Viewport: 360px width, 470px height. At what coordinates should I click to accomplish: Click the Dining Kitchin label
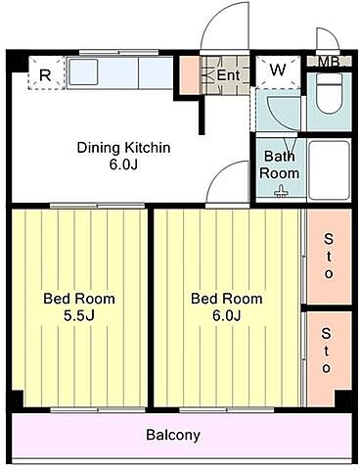123,148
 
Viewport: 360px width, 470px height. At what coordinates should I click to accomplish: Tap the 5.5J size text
79,315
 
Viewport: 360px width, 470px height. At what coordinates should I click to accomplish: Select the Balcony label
173,435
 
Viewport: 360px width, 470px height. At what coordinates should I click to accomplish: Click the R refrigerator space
46,72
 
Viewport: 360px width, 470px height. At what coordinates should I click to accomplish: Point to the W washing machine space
278,71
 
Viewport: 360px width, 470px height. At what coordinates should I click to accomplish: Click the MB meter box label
329,62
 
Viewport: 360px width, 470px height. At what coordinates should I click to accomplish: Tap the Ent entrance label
228,75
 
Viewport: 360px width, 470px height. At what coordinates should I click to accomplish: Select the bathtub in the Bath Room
329,170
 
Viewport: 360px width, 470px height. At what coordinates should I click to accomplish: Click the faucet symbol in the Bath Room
281,192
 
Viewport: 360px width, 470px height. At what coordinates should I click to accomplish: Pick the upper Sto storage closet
330,257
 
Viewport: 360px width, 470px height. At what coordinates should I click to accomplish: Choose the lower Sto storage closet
329,359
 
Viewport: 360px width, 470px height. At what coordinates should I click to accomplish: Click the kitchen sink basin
83,72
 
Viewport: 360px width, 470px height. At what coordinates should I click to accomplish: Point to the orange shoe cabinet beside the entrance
189,75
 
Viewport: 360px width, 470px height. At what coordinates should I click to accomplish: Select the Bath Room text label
280,164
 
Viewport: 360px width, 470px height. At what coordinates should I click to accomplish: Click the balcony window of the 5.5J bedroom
98,410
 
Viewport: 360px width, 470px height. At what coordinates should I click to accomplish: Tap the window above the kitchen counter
119,52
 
